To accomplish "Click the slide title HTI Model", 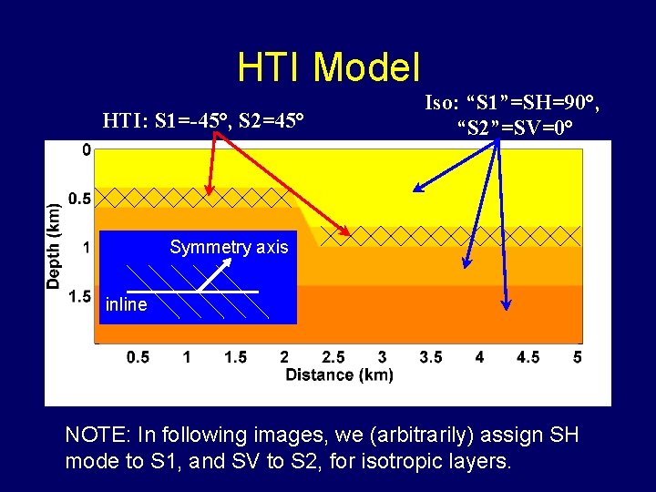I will [328, 67].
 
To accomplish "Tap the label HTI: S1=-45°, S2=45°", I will [203, 119].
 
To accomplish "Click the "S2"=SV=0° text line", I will [516, 125].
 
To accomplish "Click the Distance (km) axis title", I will [339, 375].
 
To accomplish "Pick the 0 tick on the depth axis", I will [86, 150].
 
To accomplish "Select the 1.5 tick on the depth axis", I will [79, 296].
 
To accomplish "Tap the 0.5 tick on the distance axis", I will [138, 357].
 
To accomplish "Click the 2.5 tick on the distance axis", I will [333, 357].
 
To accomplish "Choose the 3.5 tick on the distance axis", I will [431, 357].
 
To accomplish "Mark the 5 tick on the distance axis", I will [577, 357].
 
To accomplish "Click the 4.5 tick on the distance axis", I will [528, 357].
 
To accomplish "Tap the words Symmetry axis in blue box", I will [229, 247].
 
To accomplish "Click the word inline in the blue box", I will [126, 305].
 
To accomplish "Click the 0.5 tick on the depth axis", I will [79, 199].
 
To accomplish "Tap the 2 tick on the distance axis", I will [284, 357].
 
